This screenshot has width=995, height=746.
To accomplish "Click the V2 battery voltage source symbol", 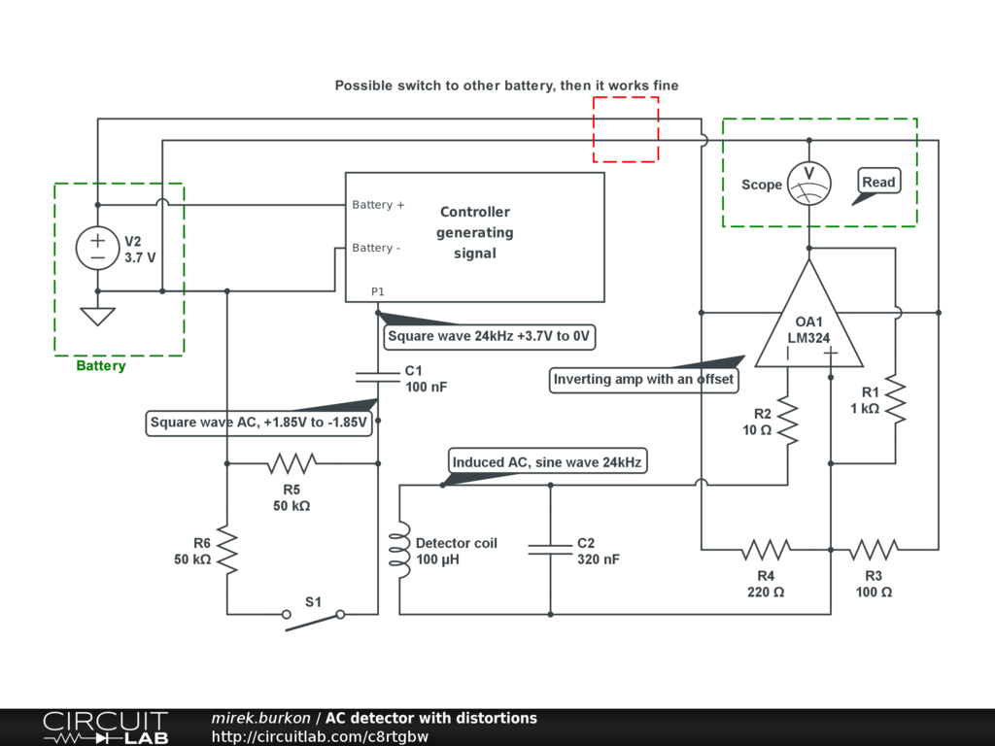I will (97, 248).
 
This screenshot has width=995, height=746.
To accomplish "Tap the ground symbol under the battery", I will (97, 316).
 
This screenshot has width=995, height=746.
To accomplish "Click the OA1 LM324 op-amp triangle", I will (808, 321).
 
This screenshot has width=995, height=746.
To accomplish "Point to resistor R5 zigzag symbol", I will (292, 463).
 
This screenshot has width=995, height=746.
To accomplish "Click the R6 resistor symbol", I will (227, 549).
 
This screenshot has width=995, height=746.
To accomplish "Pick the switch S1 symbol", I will (314, 616).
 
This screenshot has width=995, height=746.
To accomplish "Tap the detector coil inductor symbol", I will (399, 549).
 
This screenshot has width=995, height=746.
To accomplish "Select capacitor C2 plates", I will (550, 550).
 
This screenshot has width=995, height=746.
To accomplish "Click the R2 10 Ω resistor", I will (787, 421).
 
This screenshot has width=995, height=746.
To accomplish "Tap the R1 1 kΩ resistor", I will (895, 400).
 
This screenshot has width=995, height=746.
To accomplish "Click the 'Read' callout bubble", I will (878, 183).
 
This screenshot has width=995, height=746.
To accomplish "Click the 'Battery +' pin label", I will (378, 205).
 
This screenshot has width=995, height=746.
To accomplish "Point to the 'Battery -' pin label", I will (376, 248).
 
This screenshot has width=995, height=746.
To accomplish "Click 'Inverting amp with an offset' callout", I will (643, 379).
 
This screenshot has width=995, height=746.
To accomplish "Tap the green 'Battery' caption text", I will (101, 366).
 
